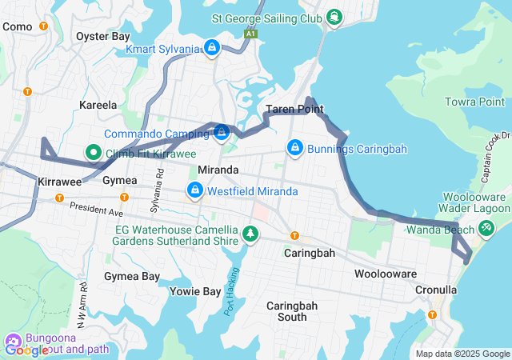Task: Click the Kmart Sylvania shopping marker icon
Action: tap(212, 49)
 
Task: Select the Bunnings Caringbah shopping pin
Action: tap(295, 148)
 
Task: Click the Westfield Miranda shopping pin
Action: tap(194, 190)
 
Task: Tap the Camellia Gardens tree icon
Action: tap(252, 233)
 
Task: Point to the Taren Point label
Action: tap(294, 109)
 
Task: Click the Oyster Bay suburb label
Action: tap(102, 36)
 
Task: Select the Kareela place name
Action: tap(98, 105)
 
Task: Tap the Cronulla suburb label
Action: tap(435, 290)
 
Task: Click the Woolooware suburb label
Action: tap(383, 274)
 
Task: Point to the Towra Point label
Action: tap(475, 102)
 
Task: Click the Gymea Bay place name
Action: tap(132, 276)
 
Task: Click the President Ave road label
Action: tap(97, 209)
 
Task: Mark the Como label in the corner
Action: tap(18, 26)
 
